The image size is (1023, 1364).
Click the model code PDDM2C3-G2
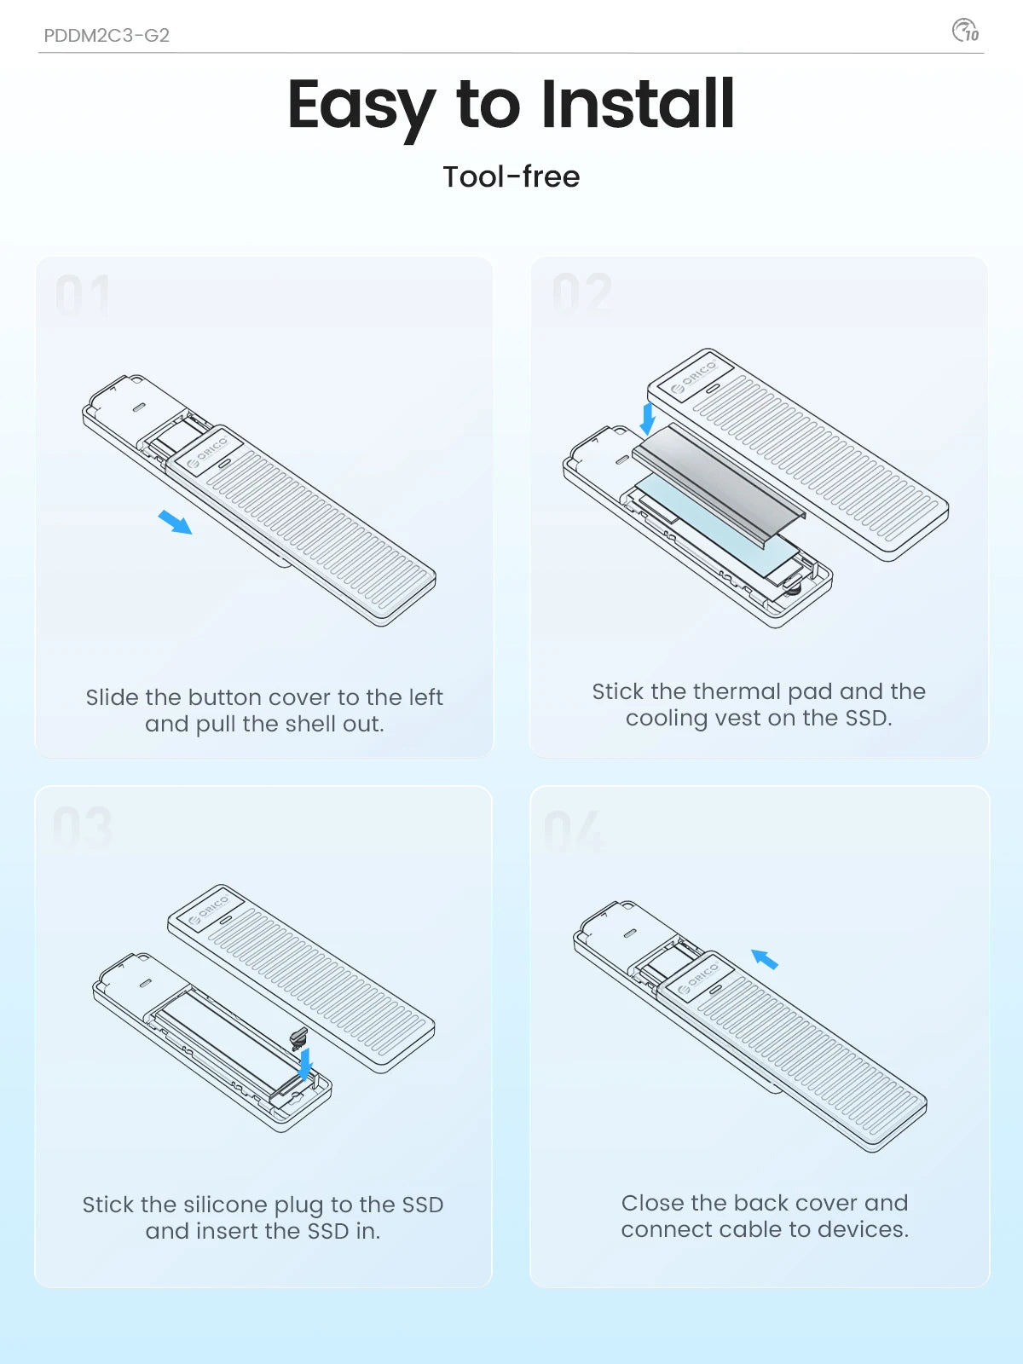coord(107,36)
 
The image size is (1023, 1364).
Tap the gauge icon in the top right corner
coord(965,31)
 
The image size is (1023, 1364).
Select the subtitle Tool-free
coord(511,176)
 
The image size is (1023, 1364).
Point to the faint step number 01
coord(83,296)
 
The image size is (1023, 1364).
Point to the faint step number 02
coord(582,294)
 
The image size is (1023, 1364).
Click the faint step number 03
coord(83,828)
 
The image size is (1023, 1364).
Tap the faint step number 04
coord(573,831)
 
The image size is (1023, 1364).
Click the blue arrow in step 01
coord(176,521)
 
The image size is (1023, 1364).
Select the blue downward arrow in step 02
coord(648,419)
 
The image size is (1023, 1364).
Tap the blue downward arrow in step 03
coord(305,1065)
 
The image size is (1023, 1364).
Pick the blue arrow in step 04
coord(765,960)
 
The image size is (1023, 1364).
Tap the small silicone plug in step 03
coord(298,1037)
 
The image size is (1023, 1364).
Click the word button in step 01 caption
coord(223,697)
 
